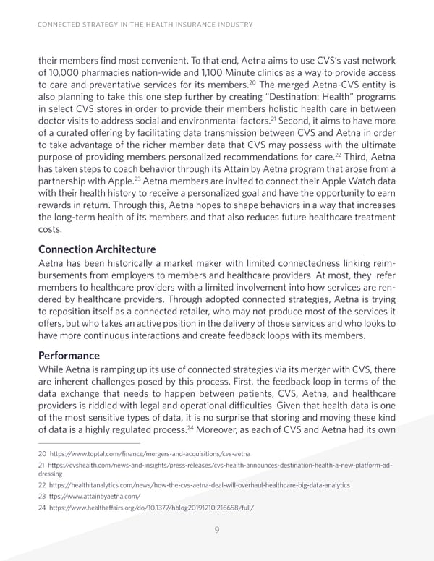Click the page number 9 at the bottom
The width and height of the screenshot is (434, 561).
click(x=216, y=530)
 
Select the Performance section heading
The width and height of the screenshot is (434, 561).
click(x=70, y=356)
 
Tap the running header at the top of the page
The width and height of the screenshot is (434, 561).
click(x=145, y=25)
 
